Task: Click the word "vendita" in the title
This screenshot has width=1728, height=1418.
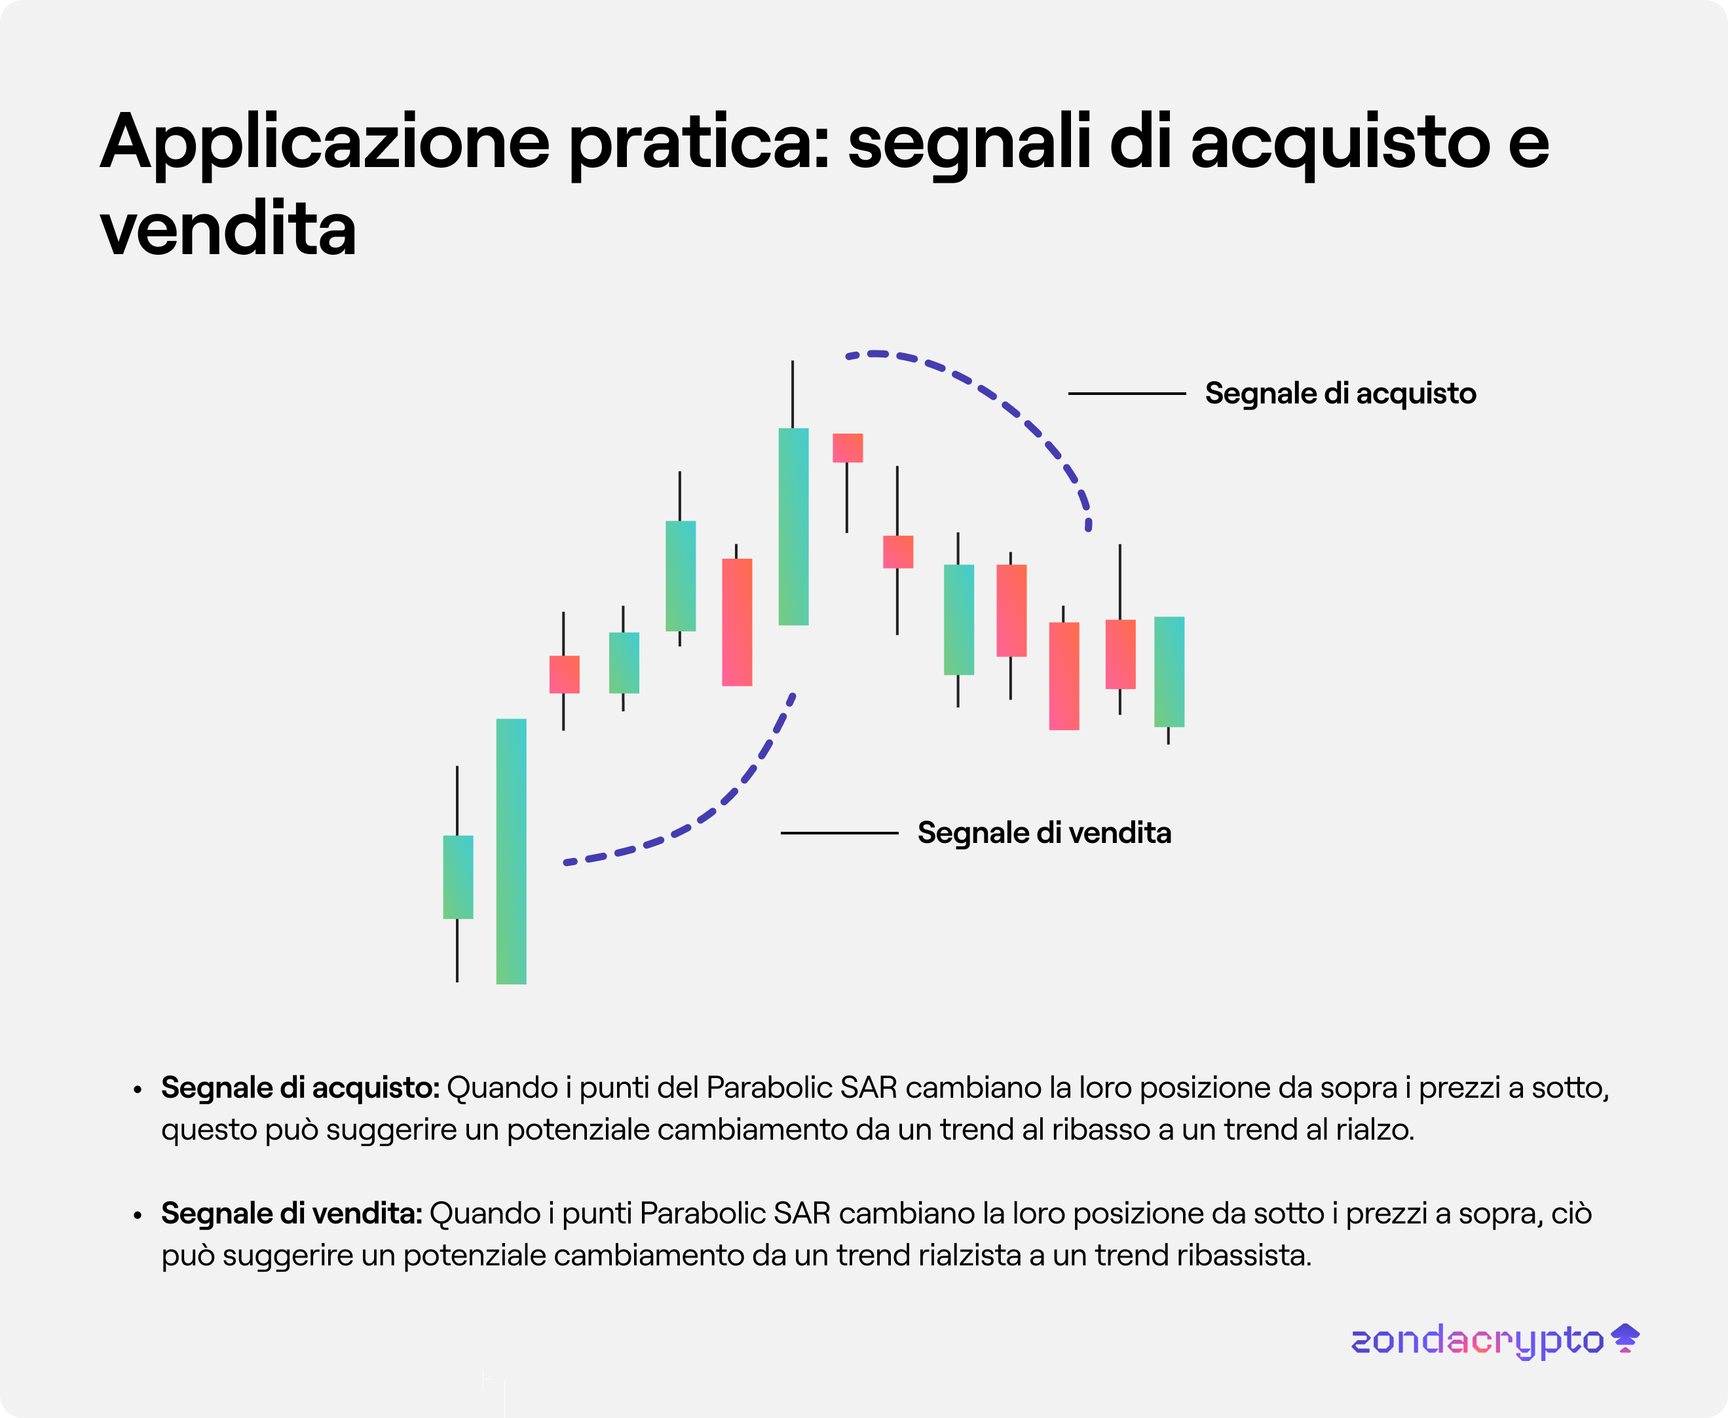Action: point(228,229)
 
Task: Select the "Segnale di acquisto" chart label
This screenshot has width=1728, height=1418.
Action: point(1341,394)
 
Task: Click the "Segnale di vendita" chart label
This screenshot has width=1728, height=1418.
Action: point(1044,833)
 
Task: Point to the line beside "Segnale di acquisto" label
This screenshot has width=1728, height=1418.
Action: point(1127,394)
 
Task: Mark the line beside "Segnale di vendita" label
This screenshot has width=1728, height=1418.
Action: point(839,833)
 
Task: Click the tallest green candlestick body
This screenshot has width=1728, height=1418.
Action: point(512,851)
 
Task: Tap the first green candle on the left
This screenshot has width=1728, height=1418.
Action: point(457,876)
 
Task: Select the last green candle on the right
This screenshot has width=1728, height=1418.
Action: point(1169,671)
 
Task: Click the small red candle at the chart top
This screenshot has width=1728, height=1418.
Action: point(847,447)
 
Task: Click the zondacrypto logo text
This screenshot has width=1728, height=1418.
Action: point(1477,1341)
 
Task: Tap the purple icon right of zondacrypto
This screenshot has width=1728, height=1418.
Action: point(1625,1338)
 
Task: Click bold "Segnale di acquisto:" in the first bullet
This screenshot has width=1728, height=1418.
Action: point(301,1088)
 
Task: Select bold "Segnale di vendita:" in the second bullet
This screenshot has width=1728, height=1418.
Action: point(291,1214)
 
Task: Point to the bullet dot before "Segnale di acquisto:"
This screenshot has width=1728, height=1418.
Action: point(138,1091)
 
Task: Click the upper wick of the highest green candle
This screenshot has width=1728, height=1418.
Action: point(792,394)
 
